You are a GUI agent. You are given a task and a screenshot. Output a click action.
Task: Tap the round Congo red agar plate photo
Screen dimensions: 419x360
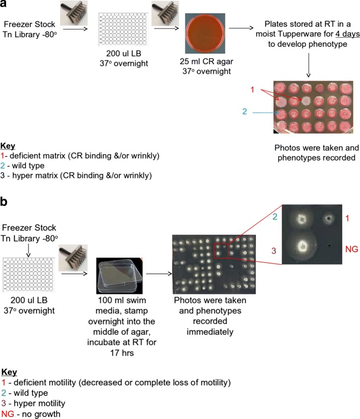click(205, 30)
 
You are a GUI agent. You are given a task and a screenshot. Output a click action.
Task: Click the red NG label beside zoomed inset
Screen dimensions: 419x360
click(347, 250)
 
